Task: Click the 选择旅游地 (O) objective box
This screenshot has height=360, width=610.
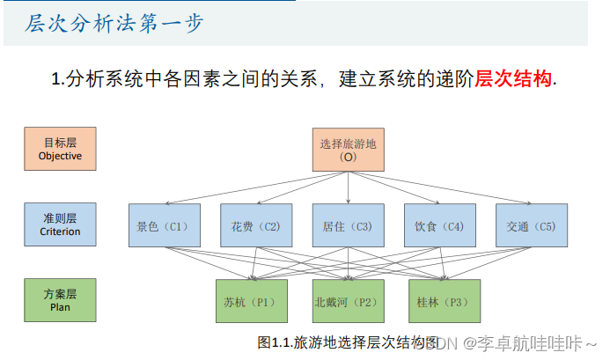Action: [349, 150]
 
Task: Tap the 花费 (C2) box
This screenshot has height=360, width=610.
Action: [255, 226]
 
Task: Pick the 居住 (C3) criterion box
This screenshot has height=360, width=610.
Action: [348, 226]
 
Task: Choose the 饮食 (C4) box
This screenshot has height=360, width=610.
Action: [439, 226]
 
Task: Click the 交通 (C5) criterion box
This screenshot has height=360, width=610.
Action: [531, 226]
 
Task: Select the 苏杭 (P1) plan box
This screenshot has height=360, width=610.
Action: [251, 301]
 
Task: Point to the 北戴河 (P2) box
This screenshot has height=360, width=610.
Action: [348, 301]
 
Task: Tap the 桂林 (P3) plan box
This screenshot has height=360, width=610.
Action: [444, 301]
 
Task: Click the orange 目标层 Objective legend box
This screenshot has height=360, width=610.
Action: [60, 149]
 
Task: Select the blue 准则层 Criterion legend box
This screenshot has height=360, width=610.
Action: [60, 224]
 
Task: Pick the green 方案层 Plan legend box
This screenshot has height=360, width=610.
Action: [60, 300]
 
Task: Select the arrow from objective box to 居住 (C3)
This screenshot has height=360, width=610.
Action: [348, 187]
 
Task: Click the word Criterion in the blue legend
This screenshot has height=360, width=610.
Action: [60, 231]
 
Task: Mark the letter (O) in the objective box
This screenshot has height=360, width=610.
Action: [349, 157]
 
